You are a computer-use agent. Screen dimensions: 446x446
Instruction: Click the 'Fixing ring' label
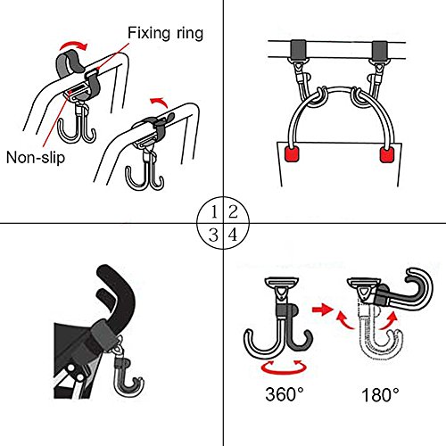165,33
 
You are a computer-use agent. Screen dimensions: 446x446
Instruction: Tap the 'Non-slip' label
36,157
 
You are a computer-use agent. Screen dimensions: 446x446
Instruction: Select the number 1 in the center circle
214,212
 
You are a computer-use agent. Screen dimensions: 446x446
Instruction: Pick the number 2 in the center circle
233,212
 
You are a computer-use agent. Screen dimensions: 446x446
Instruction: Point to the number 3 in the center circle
213,235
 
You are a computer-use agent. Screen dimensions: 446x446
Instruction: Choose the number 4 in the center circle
233,235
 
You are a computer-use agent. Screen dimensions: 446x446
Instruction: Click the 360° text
285,394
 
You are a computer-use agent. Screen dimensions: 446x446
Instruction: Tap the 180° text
380,395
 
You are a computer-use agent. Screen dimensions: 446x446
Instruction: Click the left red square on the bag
292,154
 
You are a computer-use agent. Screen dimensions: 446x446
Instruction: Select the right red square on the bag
387,154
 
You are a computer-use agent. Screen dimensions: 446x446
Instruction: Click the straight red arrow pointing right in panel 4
322,310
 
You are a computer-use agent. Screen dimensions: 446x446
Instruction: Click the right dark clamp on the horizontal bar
379,50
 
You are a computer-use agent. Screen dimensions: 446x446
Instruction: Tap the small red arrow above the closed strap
159,103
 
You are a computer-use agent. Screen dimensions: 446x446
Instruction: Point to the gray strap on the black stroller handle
103,334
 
